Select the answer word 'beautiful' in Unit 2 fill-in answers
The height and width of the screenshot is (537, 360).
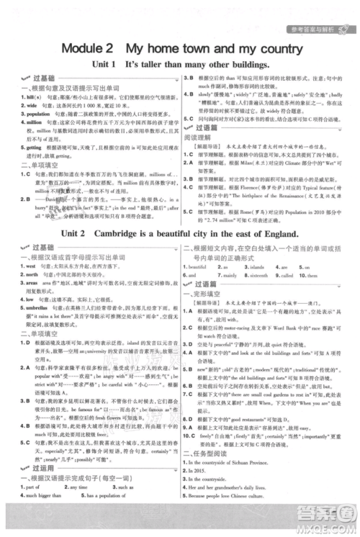[x=199, y=266]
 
